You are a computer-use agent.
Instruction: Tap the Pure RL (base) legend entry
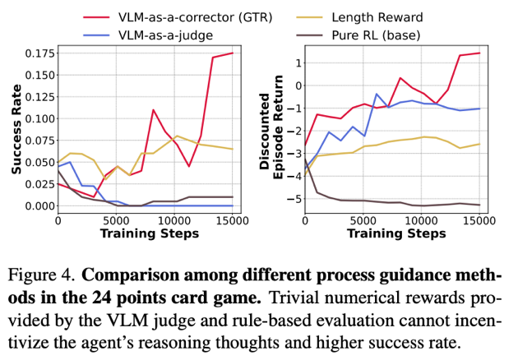click(373, 36)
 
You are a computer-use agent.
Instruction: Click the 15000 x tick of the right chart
click(479, 220)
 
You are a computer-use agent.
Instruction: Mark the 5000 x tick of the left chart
click(116, 220)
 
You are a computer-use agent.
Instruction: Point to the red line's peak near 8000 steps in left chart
click(153, 109)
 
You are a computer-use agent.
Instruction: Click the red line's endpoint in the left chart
click(233, 53)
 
